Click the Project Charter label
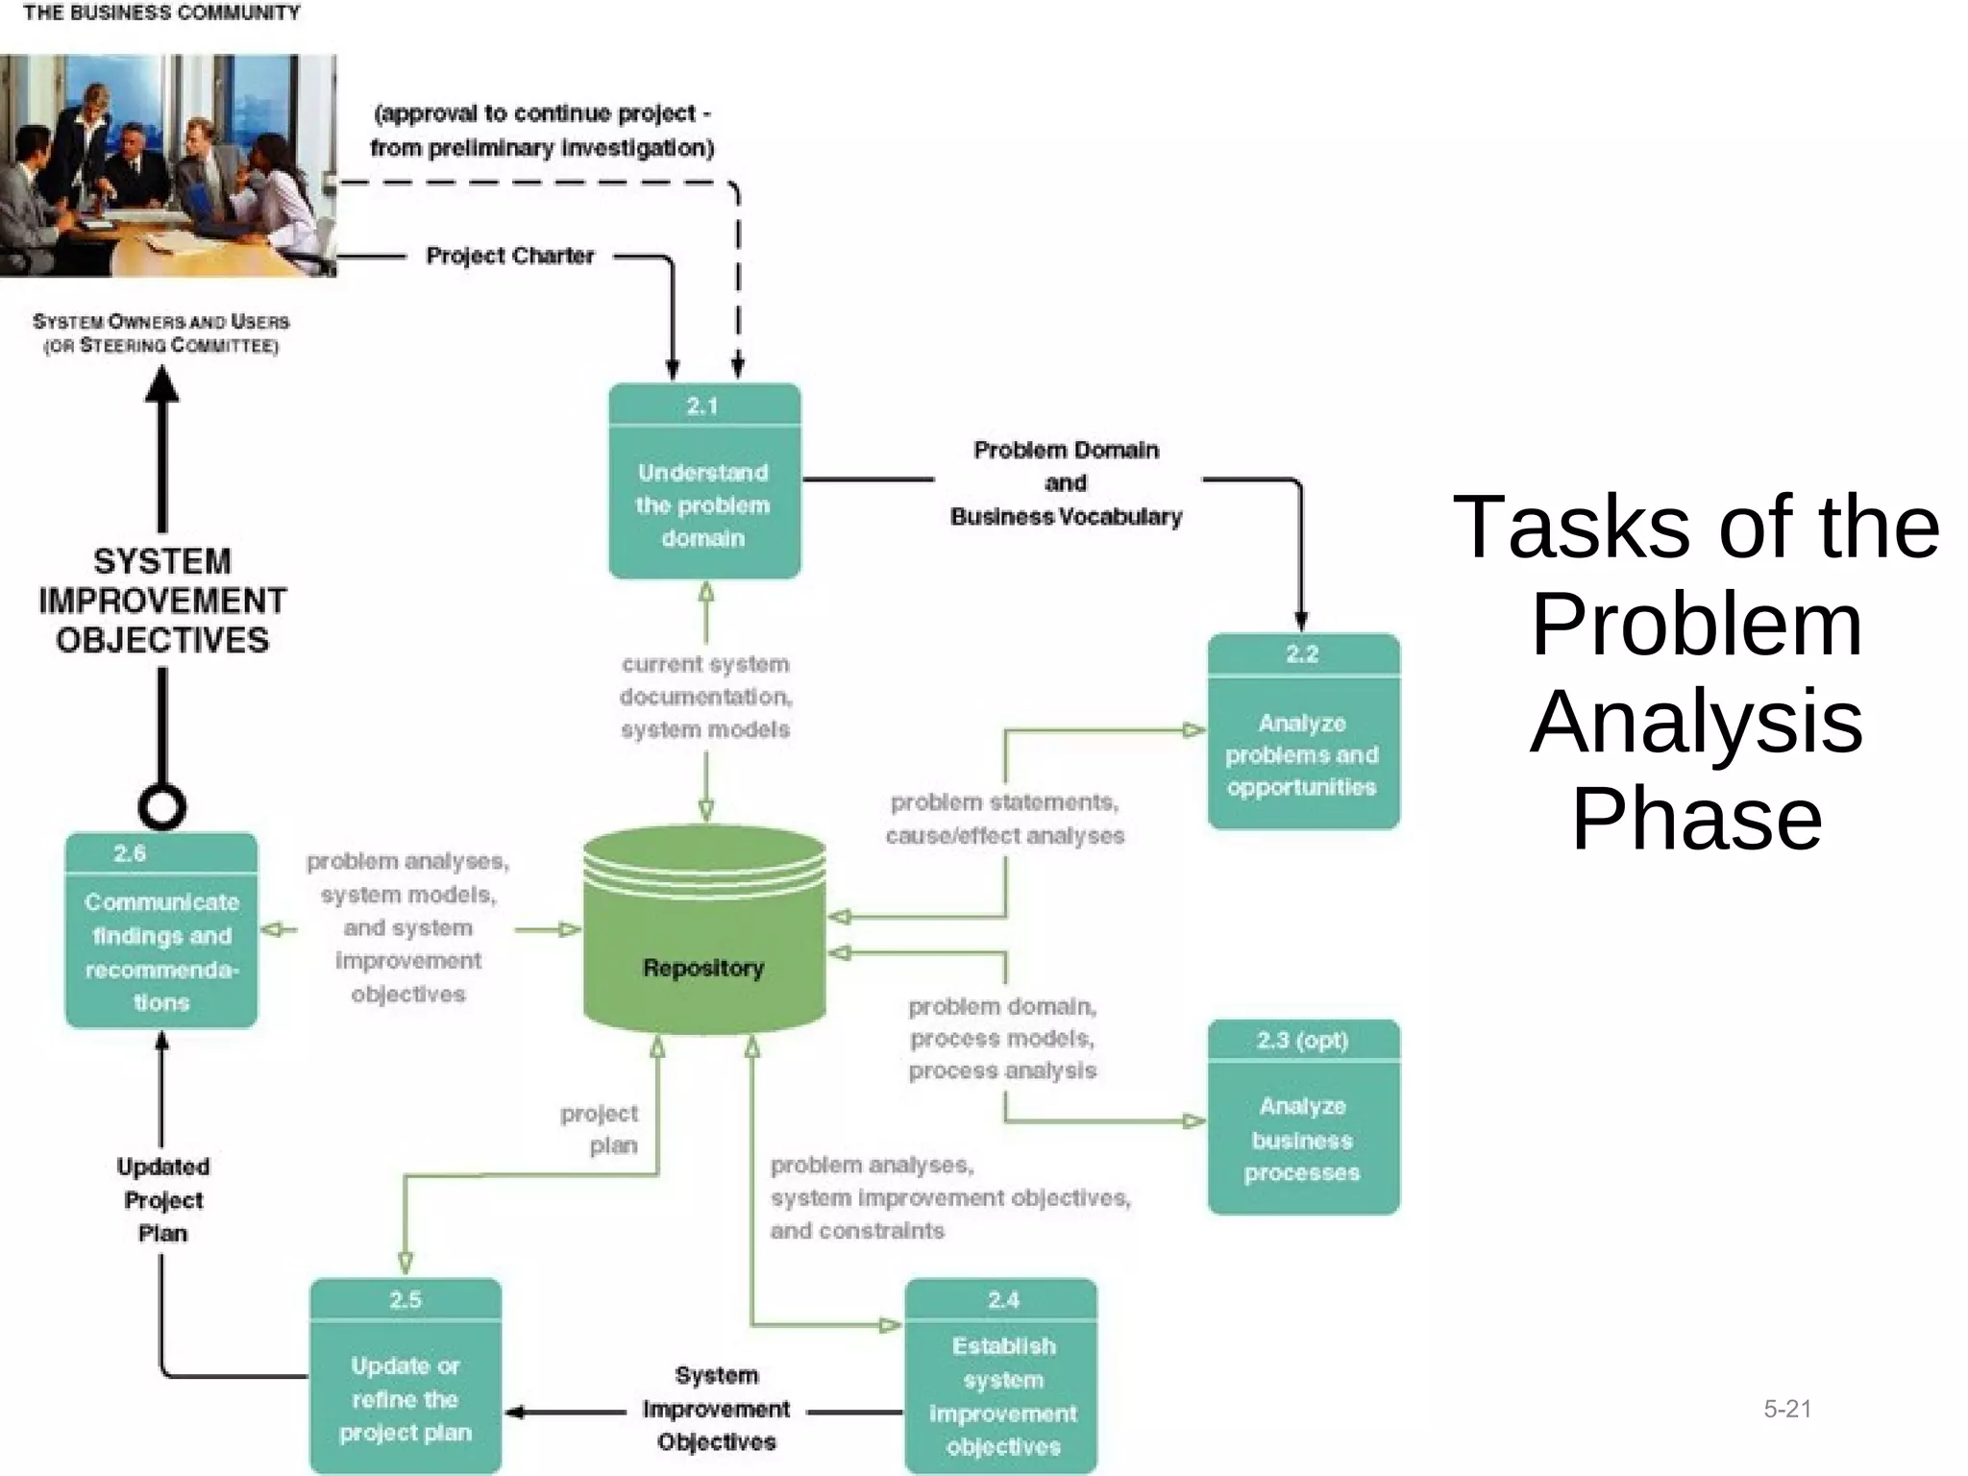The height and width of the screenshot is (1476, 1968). [510, 256]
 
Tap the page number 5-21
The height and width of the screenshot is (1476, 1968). [1786, 1409]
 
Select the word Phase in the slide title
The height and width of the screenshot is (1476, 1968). [1696, 819]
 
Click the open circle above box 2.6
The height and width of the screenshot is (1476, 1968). [161, 806]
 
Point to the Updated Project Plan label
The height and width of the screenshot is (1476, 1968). [162, 1199]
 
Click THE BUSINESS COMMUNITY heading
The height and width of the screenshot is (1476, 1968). [161, 13]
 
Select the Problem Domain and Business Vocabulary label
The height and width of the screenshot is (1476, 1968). [1066, 483]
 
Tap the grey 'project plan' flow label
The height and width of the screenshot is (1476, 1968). [602, 1129]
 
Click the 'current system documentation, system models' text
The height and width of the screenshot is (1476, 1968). [705, 697]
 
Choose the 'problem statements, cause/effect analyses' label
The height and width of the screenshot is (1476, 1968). [1004, 819]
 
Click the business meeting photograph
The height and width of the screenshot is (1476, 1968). [168, 165]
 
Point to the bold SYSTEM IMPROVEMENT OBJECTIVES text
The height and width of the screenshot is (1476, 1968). [162, 601]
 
